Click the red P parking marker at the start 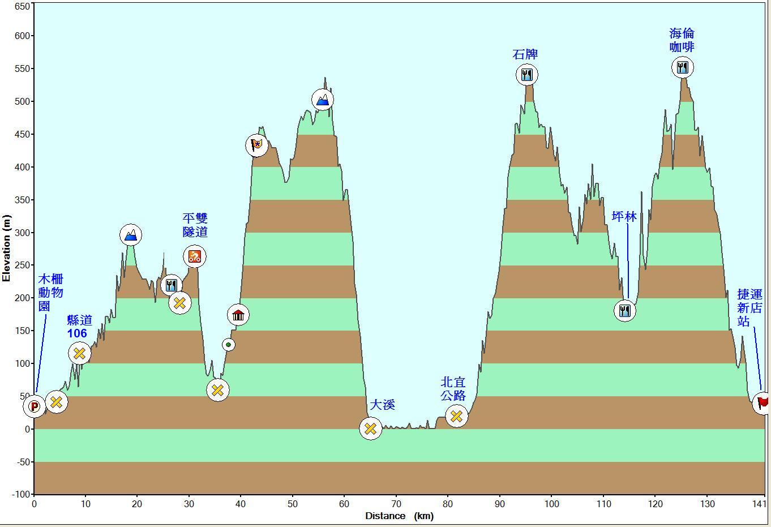click(x=34, y=406)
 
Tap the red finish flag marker click(x=763, y=403)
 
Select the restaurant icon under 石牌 click(x=527, y=75)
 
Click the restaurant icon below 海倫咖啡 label click(x=683, y=68)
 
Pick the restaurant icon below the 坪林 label click(x=624, y=311)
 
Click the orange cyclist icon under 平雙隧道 click(x=194, y=256)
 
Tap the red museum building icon click(x=238, y=315)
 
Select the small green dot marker click(x=228, y=345)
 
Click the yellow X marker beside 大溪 click(x=370, y=429)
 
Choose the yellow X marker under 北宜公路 click(x=456, y=417)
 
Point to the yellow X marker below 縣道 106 click(x=79, y=353)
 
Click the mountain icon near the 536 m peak click(x=322, y=100)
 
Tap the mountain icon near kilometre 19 click(x=131, y=235)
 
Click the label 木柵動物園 click(x=51, y=293)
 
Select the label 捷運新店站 click(x=749, y=308)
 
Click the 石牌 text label click(x=525, y=54)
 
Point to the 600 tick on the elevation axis click(x=23, y=36)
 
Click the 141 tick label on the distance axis click(x=760, y=504)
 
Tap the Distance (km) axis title click(x=399, y=516)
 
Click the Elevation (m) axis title click(x=6, y=248)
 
